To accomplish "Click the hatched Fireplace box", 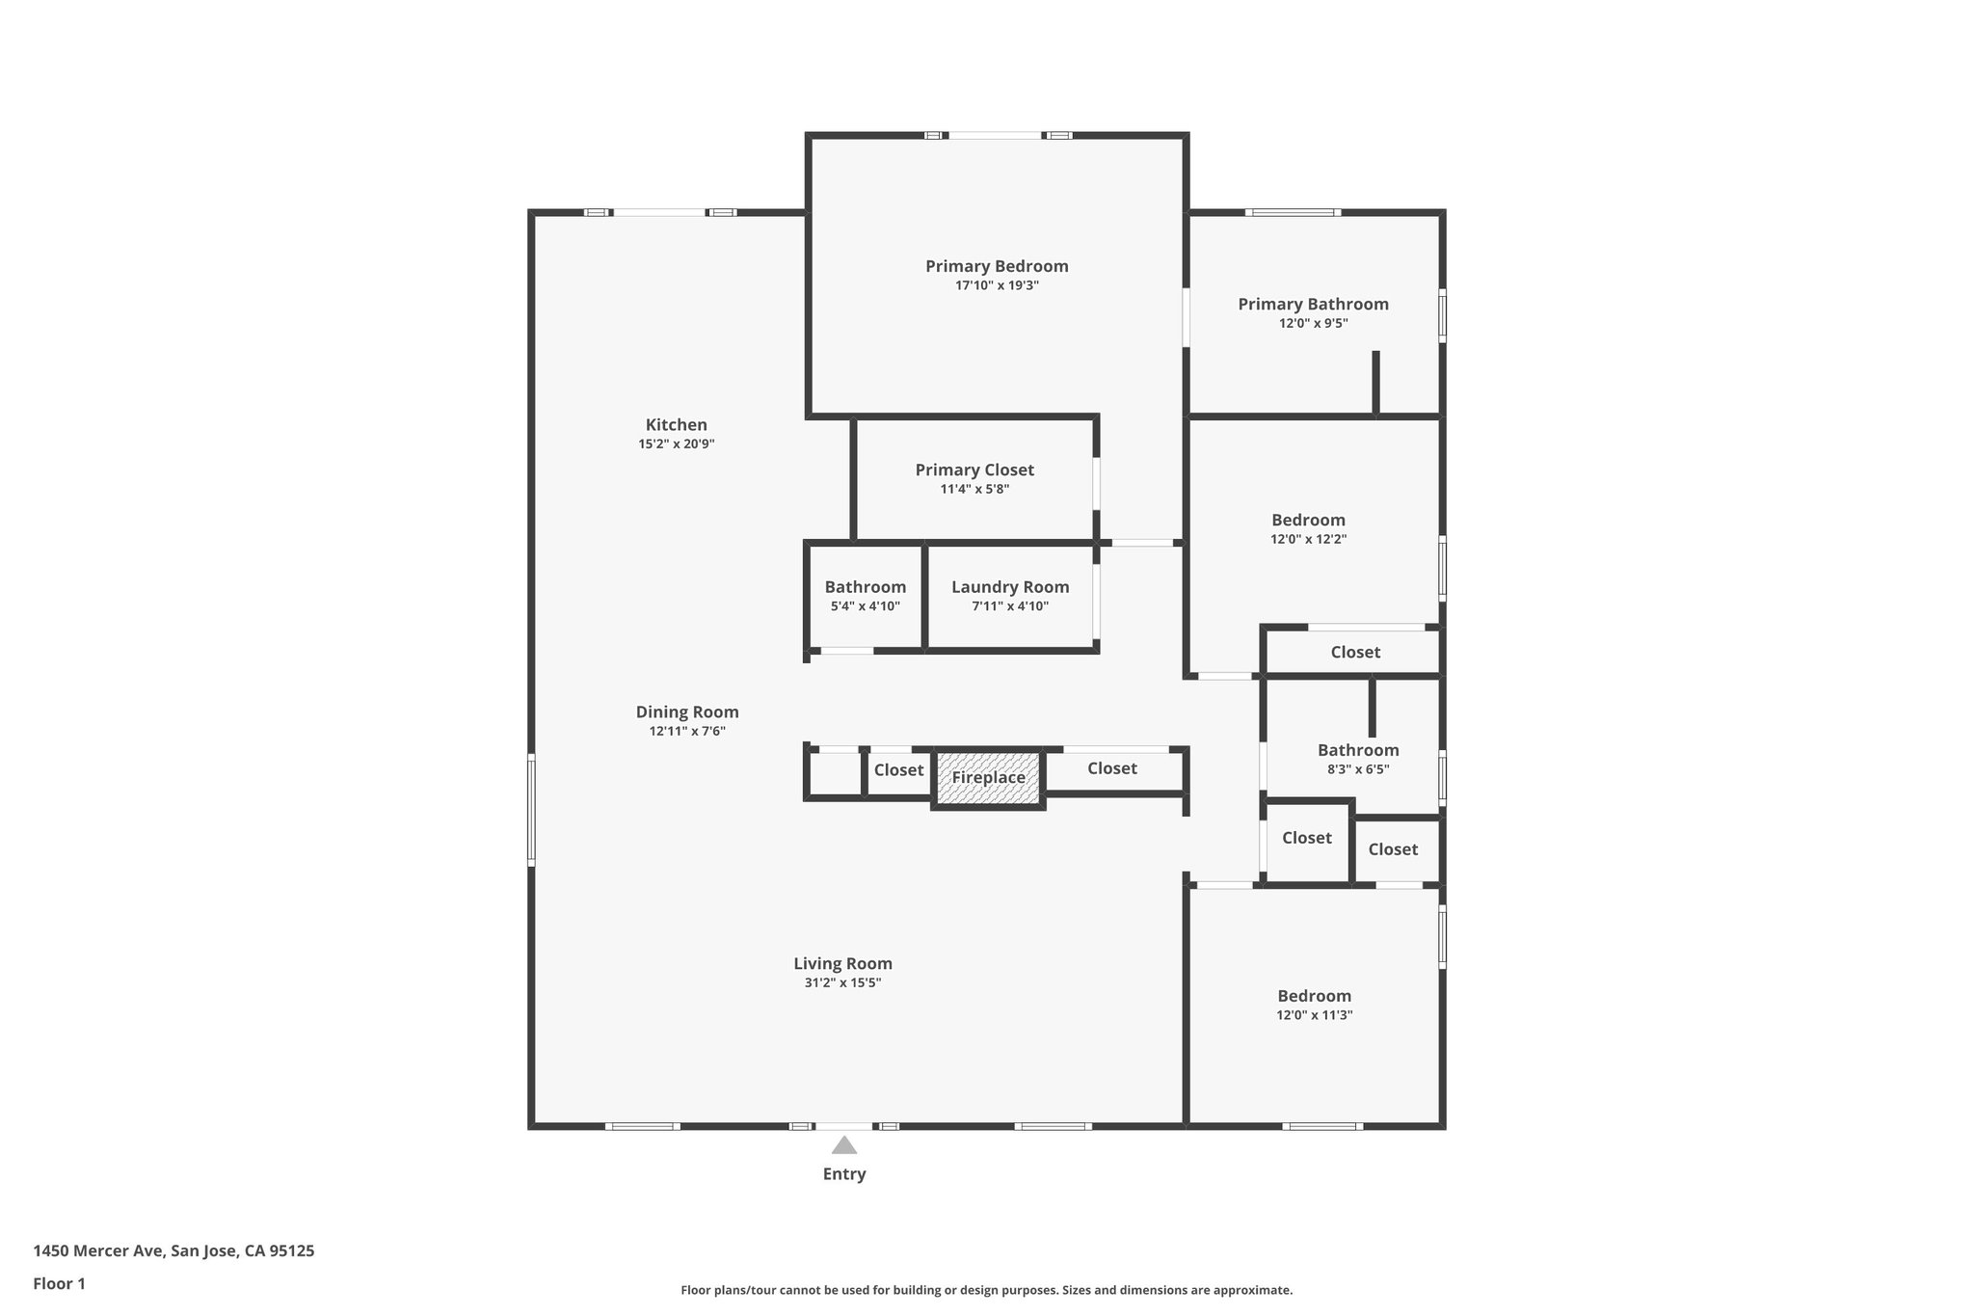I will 988,777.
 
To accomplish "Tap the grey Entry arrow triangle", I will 844,1145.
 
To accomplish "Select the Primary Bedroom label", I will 997,266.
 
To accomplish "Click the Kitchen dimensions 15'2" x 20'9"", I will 676,444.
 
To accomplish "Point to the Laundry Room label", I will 1010,587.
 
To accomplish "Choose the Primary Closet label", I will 974,470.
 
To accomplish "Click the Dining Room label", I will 687,712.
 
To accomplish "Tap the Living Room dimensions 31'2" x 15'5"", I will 842,983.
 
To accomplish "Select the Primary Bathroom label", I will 1313,305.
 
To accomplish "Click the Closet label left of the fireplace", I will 898,770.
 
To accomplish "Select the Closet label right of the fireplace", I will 1111,768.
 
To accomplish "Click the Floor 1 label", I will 59,1284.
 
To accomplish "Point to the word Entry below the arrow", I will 844,1174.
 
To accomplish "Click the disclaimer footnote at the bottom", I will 986,1290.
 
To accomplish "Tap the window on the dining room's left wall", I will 531,809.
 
